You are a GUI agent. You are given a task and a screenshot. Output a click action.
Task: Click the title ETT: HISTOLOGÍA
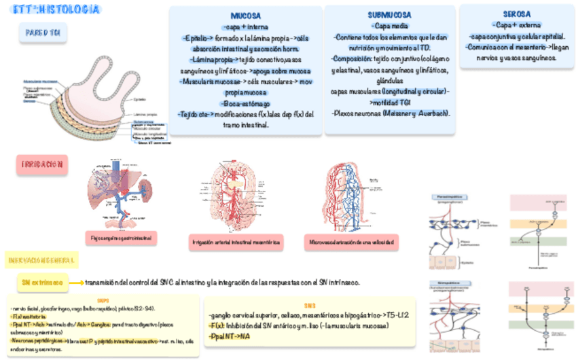[x=56, y=10]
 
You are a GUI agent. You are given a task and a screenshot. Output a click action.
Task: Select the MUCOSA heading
[x=246, y=15]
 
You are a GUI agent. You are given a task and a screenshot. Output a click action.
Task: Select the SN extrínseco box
[x=43, y=282]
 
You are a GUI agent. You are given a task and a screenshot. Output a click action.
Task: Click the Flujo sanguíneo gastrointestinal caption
[x=122, y=238]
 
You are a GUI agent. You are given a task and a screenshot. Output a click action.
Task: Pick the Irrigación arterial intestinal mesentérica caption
[x=237, y=242]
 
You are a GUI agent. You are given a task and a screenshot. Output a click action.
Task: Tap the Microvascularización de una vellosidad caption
[x=350, y=242]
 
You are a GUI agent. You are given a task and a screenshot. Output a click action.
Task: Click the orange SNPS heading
[x=103, y=300]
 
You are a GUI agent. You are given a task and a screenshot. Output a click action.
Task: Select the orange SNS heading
[x=310, y=306]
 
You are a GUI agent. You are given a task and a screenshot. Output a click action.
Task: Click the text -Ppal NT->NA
[x=230, y=336]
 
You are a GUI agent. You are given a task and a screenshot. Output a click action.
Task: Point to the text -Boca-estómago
[x=246, y=103]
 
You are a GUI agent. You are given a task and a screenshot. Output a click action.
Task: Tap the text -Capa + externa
[x=517, y=25]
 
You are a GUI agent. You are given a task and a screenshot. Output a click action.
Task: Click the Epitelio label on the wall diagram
[x=139, y=100]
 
